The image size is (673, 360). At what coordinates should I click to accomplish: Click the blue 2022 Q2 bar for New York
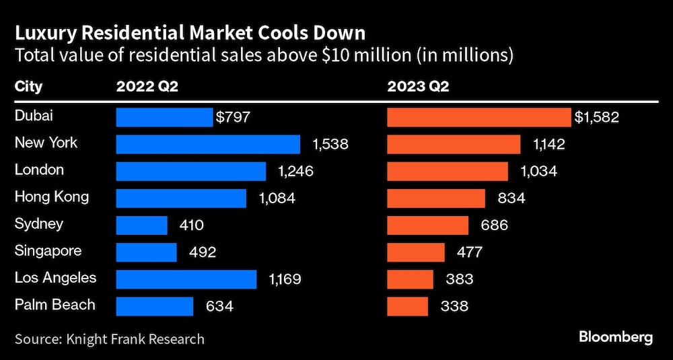point(208,144)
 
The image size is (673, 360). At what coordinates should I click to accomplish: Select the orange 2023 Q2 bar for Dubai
point(479,117)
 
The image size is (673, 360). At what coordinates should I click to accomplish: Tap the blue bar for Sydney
point(141,225)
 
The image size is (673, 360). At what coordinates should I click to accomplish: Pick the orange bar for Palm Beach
point(407,306)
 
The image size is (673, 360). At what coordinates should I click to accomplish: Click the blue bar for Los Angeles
point(186,279)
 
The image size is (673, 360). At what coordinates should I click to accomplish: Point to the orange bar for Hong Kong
point(435,199)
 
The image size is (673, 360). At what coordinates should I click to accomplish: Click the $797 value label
point(233,117)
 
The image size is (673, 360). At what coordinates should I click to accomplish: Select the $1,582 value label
point(596,117)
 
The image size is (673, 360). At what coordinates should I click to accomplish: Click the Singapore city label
point(48,251)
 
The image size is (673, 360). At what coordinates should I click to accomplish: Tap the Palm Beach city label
point(55,305)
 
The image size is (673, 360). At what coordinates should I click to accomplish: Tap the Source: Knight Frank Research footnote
point(110,338)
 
